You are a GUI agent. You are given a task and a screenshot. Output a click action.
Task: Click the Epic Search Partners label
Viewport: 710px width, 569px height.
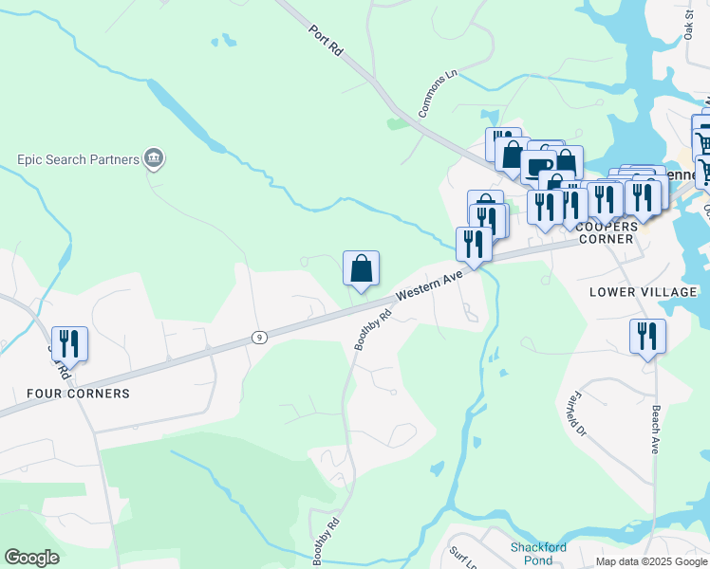(78, 159)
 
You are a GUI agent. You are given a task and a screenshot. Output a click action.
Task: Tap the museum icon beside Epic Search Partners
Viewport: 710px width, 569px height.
(154, 158)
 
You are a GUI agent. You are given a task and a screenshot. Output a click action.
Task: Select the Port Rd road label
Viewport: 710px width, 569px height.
(325, 43)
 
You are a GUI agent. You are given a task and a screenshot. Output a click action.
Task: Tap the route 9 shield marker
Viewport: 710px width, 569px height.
(258, 337)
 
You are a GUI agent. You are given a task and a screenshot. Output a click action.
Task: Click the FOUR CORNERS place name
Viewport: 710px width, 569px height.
(78, 393)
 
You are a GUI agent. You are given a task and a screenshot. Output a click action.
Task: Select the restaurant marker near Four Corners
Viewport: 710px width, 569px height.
(69, 342)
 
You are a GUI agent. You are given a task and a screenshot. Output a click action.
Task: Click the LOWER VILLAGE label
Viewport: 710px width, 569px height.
(643, 292)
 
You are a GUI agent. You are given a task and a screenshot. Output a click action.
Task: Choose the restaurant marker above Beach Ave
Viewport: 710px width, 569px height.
(647, 336)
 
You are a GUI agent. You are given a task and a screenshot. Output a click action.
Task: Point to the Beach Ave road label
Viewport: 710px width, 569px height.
(653, 431)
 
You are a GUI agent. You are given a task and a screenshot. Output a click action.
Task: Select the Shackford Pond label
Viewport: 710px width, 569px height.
(538, 554)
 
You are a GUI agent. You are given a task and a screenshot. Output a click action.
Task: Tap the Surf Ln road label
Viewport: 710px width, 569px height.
(462, 557)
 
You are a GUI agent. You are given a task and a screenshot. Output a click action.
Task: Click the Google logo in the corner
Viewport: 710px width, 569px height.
(31, 558)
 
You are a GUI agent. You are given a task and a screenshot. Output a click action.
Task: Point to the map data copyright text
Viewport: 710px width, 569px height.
(652, 561)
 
